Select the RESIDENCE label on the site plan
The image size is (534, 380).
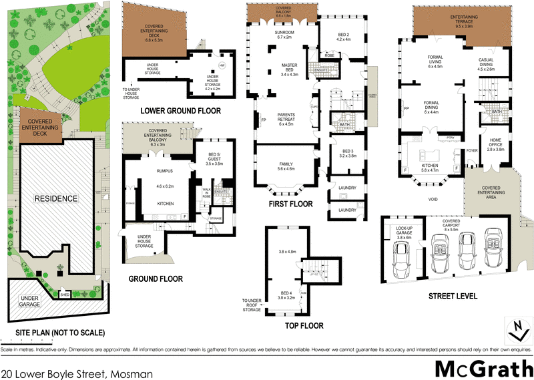pyautogui.click(x=57, y=199)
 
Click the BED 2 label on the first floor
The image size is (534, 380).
pyautogui.click(x=344, y=36)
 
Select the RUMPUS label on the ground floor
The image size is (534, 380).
pyautogui.click(x=164, y=172)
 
